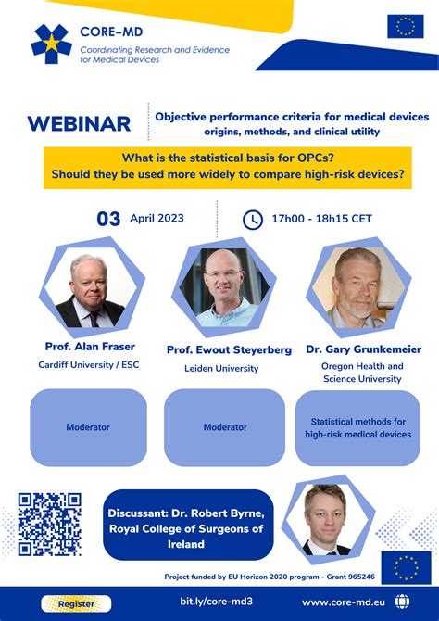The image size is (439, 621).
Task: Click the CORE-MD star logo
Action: coord(51,44)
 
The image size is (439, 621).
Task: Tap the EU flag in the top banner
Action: coord(405,27)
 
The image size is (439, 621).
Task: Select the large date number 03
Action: coord(109,219)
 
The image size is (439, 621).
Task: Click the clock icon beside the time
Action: coord(252,220)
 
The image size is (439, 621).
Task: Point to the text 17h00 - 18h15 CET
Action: coord(321,219)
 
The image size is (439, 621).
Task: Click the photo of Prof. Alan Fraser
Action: coord(89,289)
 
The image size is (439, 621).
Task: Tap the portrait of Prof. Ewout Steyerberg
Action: coord(224,287)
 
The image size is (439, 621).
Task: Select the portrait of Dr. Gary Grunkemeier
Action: coord(357,287)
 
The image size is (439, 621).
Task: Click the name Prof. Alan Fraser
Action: coord(90,347)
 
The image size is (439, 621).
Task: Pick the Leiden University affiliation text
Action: coord(225,368)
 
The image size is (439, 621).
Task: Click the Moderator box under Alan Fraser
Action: coord(88,427)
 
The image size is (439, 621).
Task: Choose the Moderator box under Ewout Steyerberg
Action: coord(225,427)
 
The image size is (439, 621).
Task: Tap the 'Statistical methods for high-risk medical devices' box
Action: coord(357,427)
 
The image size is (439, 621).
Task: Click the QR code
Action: coord(50,524)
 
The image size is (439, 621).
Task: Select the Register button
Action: coord(76,603)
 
